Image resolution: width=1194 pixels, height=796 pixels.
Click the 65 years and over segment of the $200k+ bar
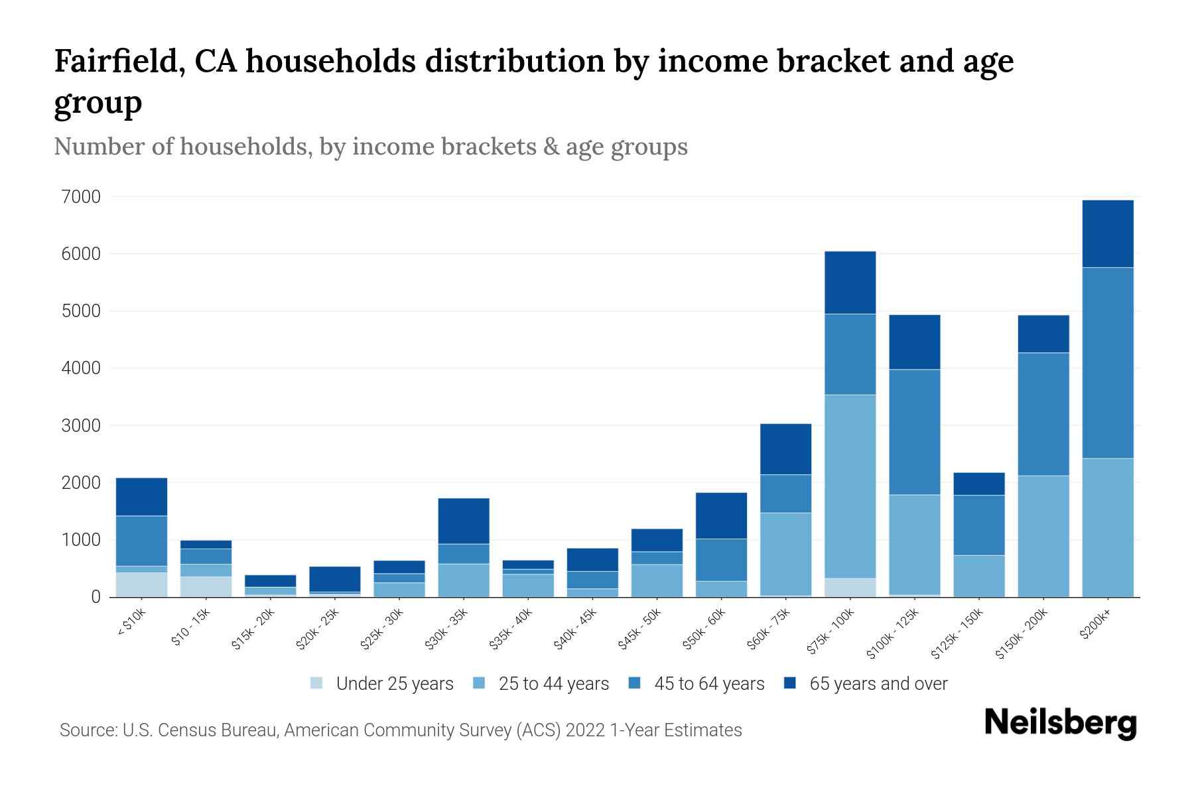click(x=1107, y=233)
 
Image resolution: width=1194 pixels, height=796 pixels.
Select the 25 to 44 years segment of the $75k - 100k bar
click(x=850, y=486)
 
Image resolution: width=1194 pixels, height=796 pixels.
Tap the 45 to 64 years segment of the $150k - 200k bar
click(x=1043, y=414)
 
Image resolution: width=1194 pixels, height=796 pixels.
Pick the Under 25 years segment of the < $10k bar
click(x=141, y=584)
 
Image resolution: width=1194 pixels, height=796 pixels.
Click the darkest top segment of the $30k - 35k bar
click(x=464, y=521)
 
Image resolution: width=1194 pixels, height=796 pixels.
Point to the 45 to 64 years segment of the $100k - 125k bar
click(x=914, y=432)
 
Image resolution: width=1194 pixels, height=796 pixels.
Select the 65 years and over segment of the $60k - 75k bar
click(x=785, y=449)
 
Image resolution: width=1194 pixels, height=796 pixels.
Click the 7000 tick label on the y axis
click(x=81, y=197)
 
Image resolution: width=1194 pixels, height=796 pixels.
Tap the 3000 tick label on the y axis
click(x=81, y=425)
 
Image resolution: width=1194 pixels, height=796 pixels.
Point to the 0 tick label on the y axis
click(x=96, y=597)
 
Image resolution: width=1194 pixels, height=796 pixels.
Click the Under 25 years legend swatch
click(x=316, y=683)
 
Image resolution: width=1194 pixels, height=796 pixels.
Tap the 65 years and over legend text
click(x=878, y=684)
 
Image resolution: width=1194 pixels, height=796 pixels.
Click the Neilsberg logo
click(x=1060, y=723)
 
